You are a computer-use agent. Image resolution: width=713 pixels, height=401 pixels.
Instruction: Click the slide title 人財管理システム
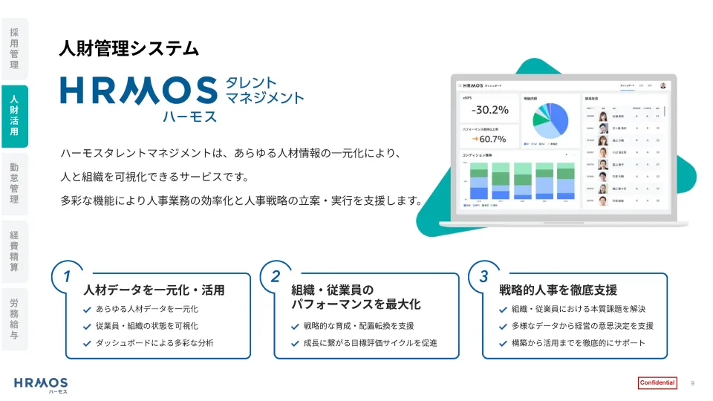pos(128,49)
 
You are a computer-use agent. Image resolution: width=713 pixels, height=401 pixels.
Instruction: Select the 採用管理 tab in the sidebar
pos(14,49)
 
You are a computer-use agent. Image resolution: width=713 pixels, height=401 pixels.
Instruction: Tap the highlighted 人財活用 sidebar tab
pos(14,116)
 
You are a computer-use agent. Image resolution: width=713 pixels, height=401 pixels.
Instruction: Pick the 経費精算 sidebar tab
pos(14,251)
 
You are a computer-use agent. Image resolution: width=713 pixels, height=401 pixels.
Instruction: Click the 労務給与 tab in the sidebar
pos(14,319)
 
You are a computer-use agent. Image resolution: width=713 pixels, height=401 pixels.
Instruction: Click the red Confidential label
pos(657,383)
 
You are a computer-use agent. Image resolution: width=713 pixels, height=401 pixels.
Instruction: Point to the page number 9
pos(692,383)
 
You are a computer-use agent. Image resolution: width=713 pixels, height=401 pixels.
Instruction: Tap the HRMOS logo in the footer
pos(40,384)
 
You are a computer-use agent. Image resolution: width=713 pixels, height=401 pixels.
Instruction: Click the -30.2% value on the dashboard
pos(489,110)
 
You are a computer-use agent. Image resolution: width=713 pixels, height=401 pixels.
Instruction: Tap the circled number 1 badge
pos(67,276)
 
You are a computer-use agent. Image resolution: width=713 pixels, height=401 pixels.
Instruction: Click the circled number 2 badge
pos(275,276)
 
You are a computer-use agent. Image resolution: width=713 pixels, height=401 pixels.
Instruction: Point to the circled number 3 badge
pos(484,276)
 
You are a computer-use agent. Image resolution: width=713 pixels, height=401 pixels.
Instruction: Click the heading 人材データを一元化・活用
pos(154,290)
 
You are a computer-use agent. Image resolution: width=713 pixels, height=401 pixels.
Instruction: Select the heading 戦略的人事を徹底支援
pos(558,290)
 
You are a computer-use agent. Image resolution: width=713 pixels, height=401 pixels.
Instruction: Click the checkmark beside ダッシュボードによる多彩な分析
pos(88,343)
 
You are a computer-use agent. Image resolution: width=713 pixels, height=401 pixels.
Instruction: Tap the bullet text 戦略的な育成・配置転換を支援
pos(359,325)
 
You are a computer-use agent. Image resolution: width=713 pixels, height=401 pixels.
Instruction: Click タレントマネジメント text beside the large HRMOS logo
pos(264,90)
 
